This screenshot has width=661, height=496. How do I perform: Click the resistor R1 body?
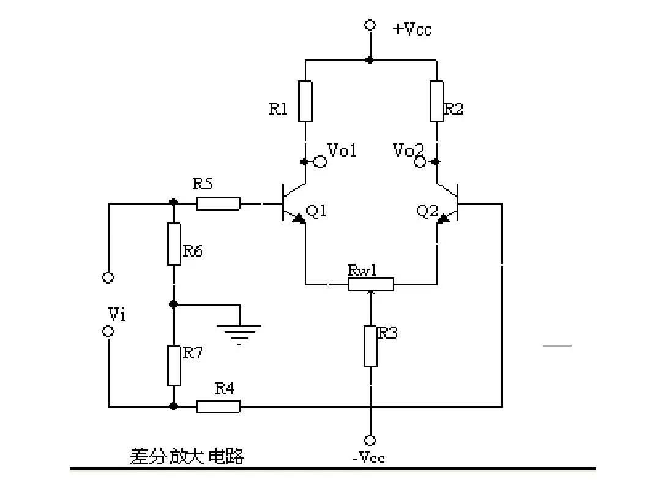tap(305, 101)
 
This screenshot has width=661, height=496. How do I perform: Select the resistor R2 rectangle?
tap(436, 101)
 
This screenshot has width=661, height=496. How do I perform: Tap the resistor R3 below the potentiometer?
tap(371, 346)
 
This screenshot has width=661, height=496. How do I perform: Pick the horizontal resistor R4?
tap(218, 406)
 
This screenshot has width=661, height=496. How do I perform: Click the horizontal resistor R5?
tap(218, 203)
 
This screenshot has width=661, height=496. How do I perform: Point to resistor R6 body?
tap(174, 244)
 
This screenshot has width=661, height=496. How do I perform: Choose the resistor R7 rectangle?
tap(174, 366)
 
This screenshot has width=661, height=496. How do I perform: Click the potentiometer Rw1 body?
tap(371, 284)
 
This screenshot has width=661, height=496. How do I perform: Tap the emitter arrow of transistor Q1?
tap(298, 217)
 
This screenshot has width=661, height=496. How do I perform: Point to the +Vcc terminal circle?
tap(370, 25)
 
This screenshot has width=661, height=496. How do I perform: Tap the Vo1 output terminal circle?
tap(319, 162)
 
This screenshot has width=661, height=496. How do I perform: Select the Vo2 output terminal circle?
tap(420, 162)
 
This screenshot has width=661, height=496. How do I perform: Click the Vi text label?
tap(116, 314)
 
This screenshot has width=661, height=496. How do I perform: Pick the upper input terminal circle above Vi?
tap(108, 277)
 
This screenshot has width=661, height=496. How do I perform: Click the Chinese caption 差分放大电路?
tap(187, 456)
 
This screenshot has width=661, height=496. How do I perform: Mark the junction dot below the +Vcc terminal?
tap(370, 60)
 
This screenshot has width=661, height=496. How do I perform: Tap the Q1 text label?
tap(316, 211)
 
